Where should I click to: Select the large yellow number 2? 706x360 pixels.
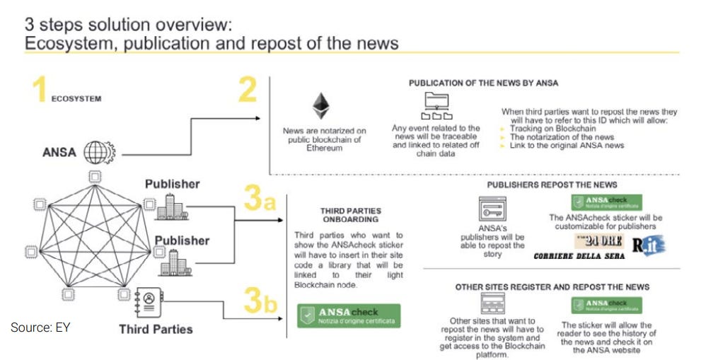(248, 91)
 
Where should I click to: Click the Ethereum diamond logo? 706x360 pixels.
(322, 105)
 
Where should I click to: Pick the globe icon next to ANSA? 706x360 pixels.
(94, 151)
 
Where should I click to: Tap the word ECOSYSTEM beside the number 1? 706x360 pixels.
(76, 99)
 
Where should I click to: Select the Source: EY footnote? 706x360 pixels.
(40, 327)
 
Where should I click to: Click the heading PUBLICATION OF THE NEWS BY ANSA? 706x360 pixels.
(483, 83)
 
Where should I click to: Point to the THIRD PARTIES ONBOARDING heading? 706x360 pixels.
(350, 215)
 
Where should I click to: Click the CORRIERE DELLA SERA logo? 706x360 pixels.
(579, 255)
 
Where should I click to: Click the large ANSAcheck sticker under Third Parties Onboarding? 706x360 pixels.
(349, 315)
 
